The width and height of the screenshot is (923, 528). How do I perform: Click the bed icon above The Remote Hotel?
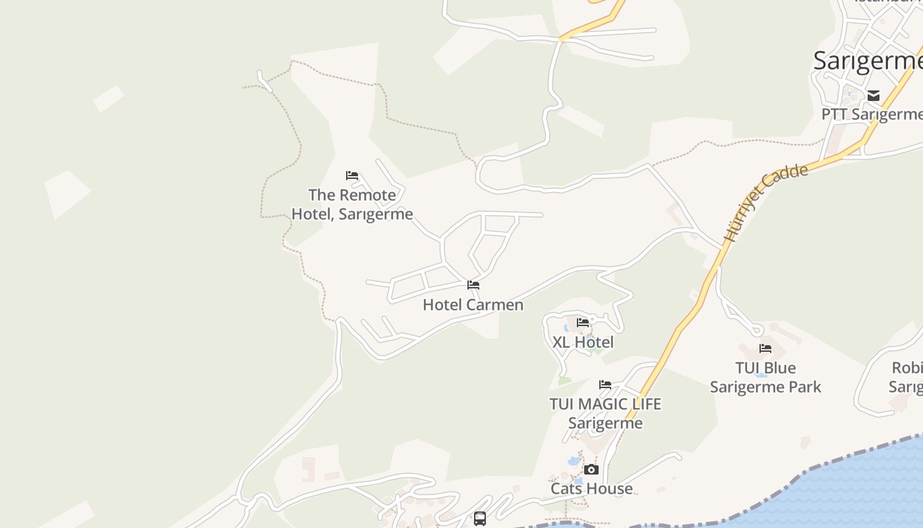tap(352, 176)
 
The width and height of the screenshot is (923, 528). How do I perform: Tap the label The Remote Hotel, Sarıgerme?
tap(352, 205)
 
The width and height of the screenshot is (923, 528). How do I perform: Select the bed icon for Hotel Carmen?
tap(473, 285)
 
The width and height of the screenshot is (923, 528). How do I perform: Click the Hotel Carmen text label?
tap(473, 305)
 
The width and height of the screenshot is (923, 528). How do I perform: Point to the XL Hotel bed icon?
tap(583, 323)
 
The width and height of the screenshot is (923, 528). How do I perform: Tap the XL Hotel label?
tap(583, 342)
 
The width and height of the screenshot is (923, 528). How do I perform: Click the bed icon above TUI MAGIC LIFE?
tap(605, 385)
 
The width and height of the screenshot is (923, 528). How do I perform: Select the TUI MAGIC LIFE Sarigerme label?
tap(605, 413)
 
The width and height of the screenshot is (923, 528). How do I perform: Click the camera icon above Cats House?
tap(591, 470)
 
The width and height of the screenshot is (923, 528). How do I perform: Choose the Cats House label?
tap(591, 489)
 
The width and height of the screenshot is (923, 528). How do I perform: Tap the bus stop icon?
tap(480, 519)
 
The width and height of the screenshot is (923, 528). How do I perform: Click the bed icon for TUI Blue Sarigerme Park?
tap(765, 348)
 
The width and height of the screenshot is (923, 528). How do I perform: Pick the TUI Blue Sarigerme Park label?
tap(765, 377)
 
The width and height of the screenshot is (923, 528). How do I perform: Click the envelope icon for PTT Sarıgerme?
tap(874, 96)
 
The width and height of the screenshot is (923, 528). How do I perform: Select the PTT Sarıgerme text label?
tap(871, 115)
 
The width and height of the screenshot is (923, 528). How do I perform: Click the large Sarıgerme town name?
tap(867, 61)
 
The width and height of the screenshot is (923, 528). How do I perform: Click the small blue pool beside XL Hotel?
tap(566, 327)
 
